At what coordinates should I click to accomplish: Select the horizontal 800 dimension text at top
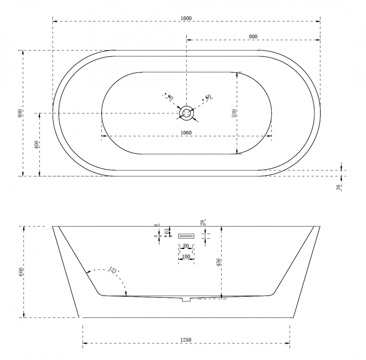(253, 36)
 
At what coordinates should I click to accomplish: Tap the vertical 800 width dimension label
(20, 113)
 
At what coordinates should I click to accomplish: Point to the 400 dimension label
(36, 144)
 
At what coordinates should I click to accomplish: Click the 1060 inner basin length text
(186, 133)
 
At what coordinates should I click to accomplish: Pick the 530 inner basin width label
(234, 113)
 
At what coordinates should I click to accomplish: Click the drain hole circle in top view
(187, 113)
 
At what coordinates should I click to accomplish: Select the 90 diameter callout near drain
(169, 97)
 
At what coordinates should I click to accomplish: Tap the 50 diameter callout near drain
(208, 97)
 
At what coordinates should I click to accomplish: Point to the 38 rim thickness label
(339, 187)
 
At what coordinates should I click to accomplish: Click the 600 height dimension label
(21, 272)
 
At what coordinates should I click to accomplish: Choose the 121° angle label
(114, 271)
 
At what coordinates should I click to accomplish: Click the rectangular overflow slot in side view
(186, 236)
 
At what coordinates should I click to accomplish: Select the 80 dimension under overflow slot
(186, 246)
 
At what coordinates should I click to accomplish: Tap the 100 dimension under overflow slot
(186, 257)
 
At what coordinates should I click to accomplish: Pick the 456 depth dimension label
(219, 262)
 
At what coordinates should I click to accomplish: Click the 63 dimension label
(167, 231)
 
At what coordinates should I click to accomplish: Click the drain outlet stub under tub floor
(187, 299)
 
